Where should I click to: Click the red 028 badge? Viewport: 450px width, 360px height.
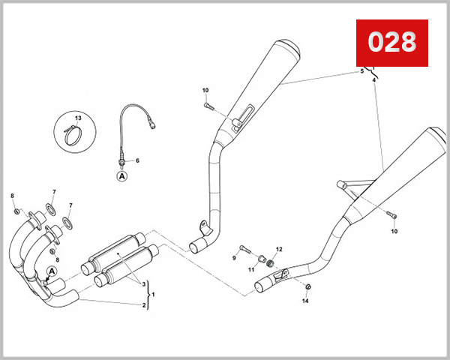point(391,43)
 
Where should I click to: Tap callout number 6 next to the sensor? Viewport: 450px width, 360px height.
point(137,160)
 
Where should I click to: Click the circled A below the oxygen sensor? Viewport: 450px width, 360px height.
point(121,177)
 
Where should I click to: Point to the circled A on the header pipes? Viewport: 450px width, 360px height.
point(52,271)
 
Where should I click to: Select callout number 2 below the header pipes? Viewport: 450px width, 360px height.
point(144,305)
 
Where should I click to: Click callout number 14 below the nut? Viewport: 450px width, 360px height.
point(305,301)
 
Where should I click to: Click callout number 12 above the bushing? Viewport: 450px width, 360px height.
point(279,249)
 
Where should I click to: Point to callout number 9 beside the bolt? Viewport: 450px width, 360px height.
point(234,258)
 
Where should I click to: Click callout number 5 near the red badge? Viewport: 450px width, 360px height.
point(361,71)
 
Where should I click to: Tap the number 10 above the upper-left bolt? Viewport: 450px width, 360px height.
point(205,91)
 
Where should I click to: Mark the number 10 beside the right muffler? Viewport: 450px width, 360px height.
point(394,232)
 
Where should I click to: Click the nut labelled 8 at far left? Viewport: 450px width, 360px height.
point(17,211)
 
